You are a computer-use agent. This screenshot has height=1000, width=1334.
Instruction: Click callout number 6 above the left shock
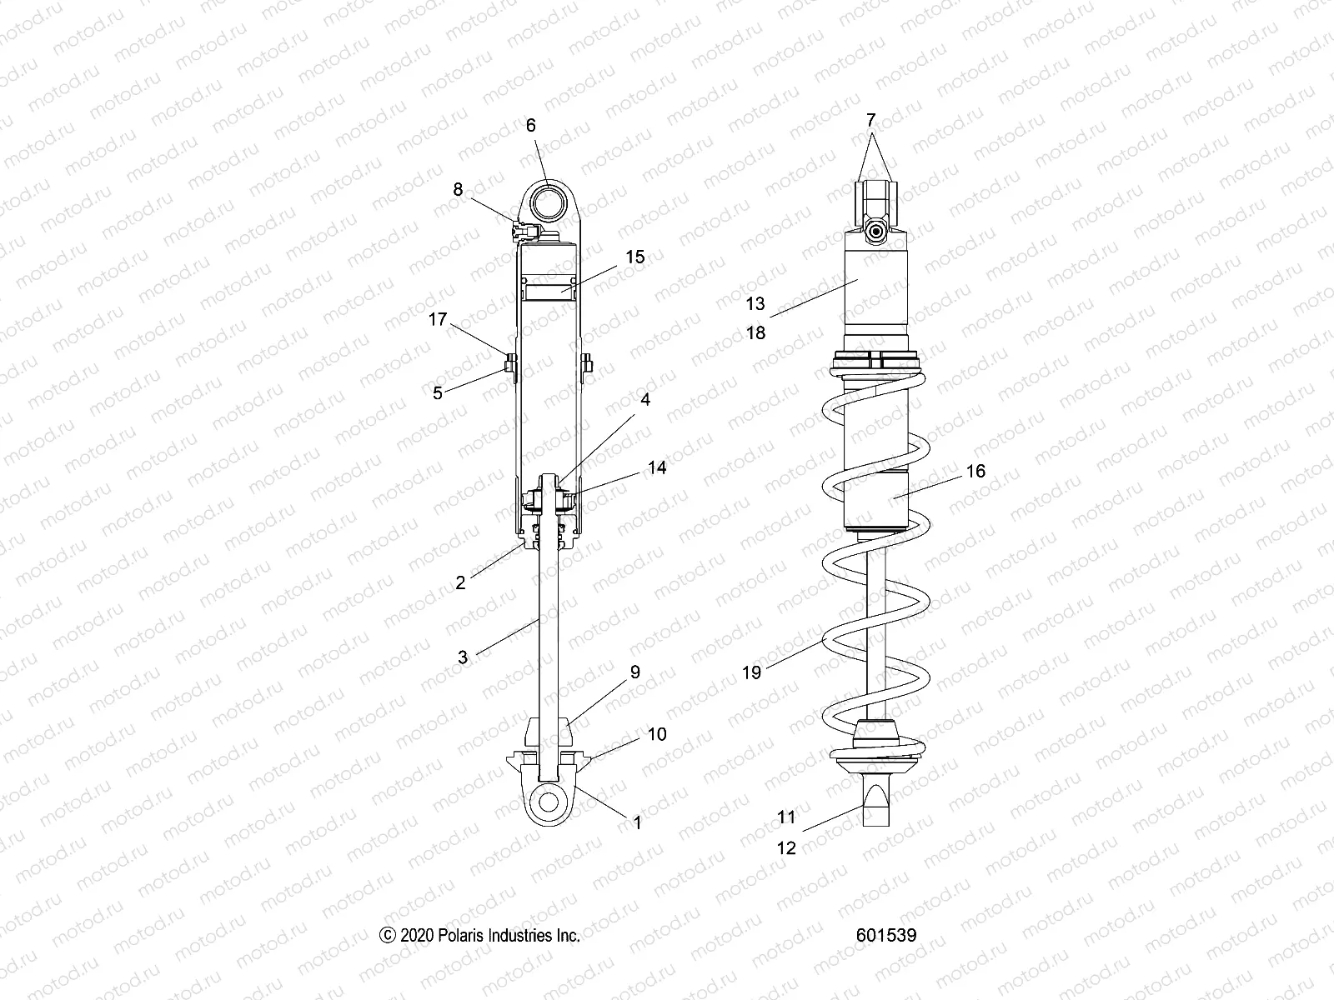coord(530,126)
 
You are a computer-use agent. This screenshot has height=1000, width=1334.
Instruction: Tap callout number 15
coord(635,257)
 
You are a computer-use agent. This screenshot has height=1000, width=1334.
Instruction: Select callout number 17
coord(439,319)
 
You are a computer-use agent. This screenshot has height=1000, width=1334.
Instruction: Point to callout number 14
coord(657,467)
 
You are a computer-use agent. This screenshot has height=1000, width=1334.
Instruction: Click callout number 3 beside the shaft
coord(463,657)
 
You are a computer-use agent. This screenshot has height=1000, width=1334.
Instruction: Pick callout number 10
coord(657,734)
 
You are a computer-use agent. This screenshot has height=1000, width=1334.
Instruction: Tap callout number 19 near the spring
coord(752,672)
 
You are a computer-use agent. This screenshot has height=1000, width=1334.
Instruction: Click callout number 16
coord(975,471)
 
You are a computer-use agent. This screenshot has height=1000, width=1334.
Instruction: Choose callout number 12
coord(787,848)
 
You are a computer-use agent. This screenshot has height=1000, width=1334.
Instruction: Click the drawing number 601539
coord(885,936)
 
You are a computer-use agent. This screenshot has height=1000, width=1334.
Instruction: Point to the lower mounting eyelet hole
coord(548,802)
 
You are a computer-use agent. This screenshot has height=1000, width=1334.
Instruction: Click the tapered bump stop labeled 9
coord(549,732)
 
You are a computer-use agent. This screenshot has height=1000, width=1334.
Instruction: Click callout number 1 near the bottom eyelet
coord(638,822)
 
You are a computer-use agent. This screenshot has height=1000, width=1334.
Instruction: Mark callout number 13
coord(755,305)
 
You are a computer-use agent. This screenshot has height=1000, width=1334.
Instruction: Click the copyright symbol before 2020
coord(387,936)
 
